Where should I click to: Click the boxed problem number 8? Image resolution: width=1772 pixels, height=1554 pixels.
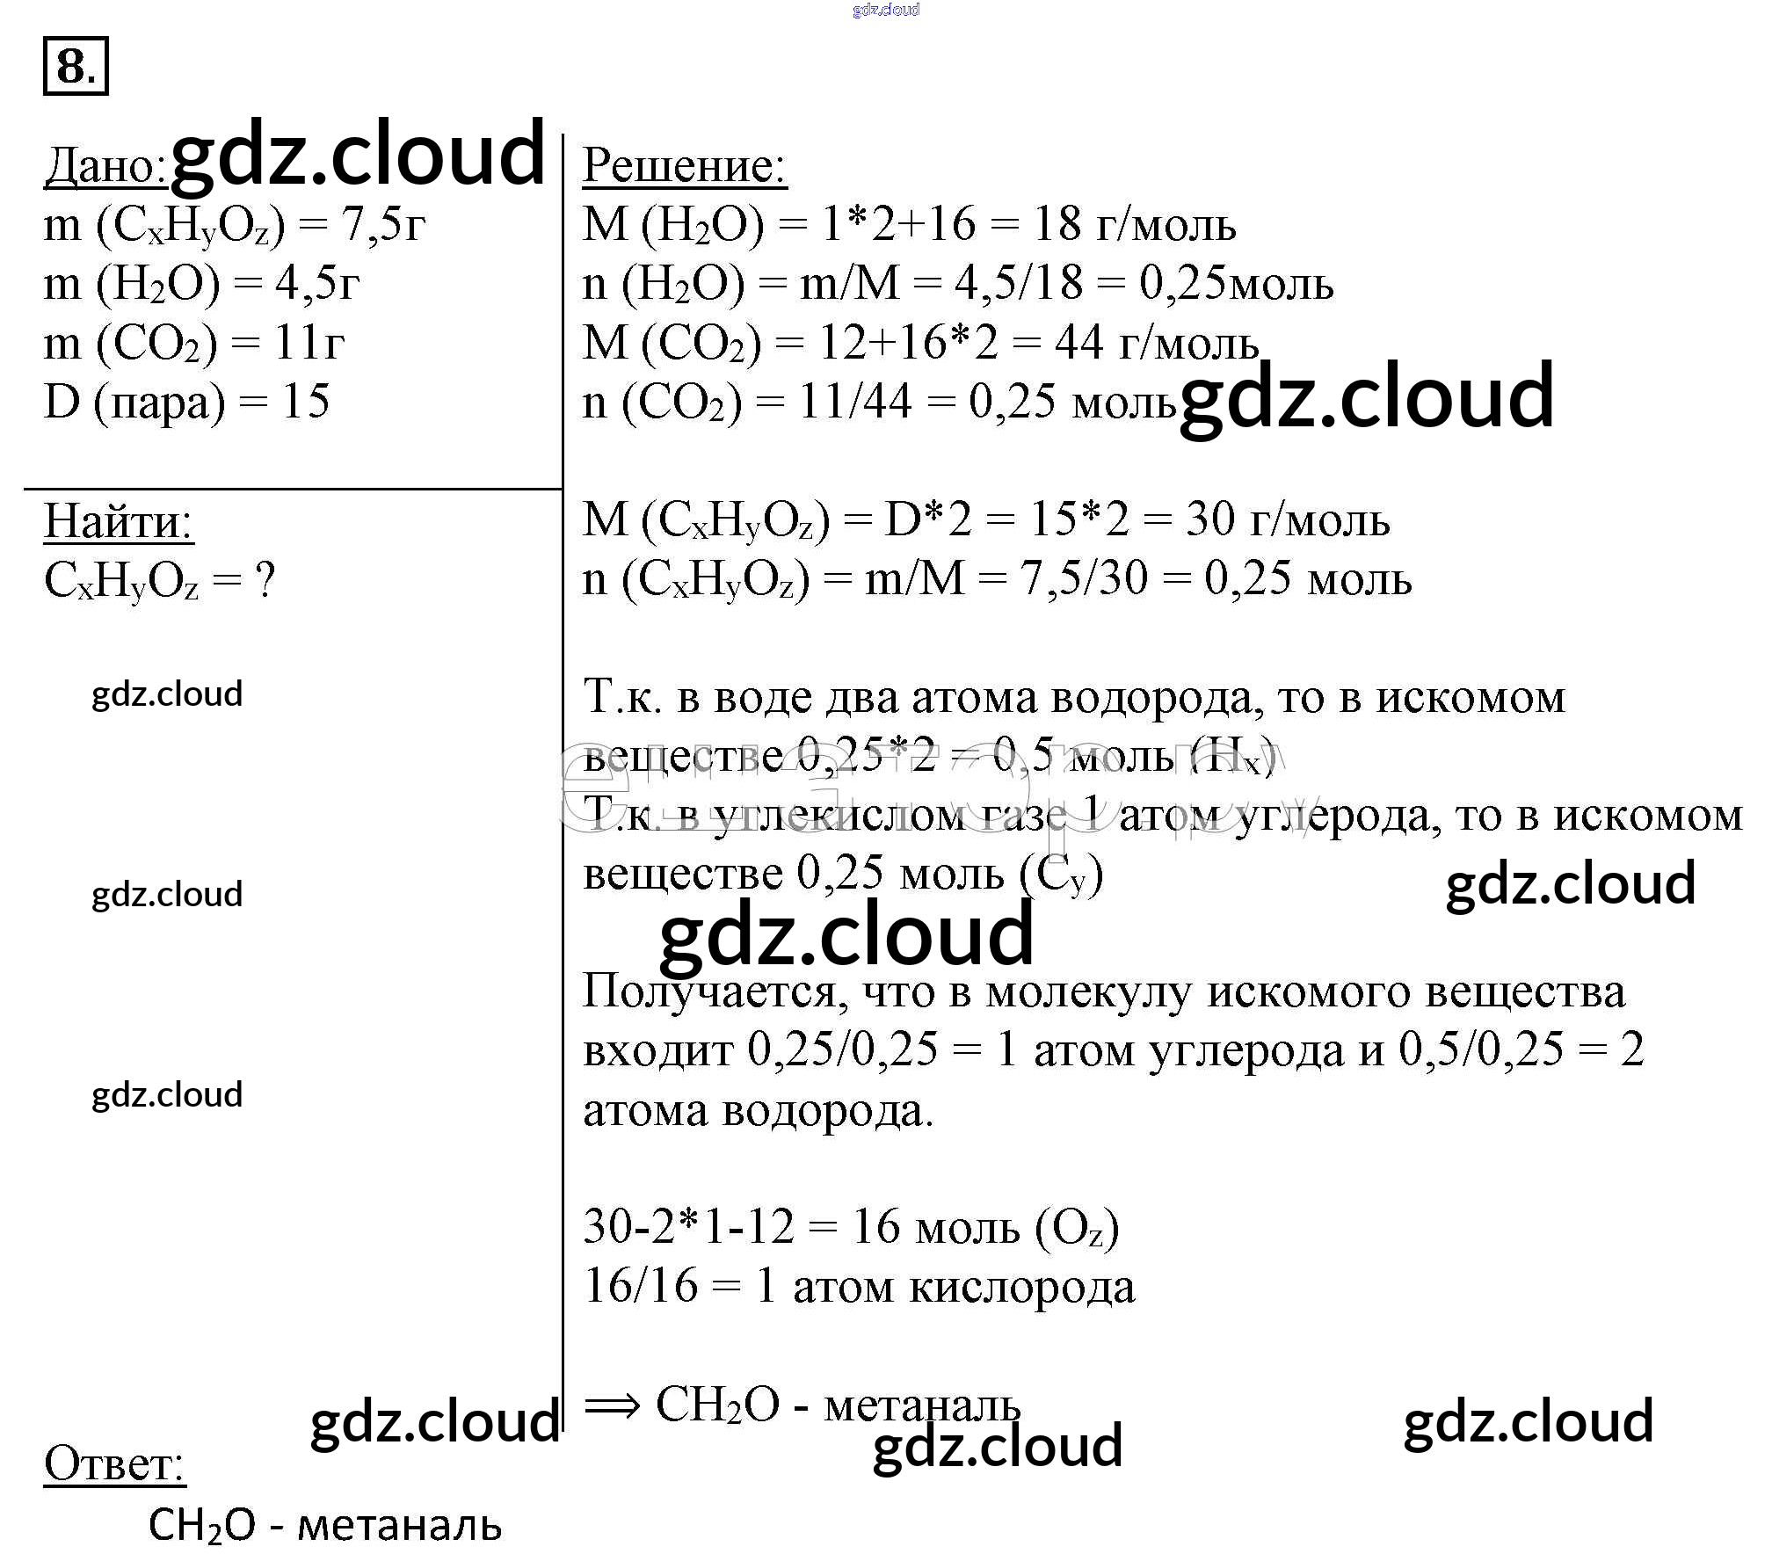(75, 66)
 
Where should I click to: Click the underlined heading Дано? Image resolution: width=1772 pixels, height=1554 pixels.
(105, 165)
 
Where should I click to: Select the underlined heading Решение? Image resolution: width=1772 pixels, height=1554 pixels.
(684, 165)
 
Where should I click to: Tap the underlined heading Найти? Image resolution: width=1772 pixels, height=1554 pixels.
(118, 521)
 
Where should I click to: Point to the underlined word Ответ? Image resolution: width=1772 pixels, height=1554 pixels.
(114, 1463)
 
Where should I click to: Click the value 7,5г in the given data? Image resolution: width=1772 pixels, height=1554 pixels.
(383, 225)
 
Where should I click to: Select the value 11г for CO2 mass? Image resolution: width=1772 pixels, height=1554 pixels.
(309, 343)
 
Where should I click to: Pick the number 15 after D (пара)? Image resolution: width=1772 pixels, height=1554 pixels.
(305, 402)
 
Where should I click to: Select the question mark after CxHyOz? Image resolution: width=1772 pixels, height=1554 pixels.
(264, 580)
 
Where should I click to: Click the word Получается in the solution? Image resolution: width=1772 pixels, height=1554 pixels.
(715, 991)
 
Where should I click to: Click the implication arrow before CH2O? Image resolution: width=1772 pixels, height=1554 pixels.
(613, 1405)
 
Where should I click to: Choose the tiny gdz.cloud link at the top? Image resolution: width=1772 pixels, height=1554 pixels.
(886, 10)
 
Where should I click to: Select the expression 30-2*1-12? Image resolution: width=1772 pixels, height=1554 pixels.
(688, 1227)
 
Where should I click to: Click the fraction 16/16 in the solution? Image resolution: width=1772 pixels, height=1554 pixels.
(640, 1287)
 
